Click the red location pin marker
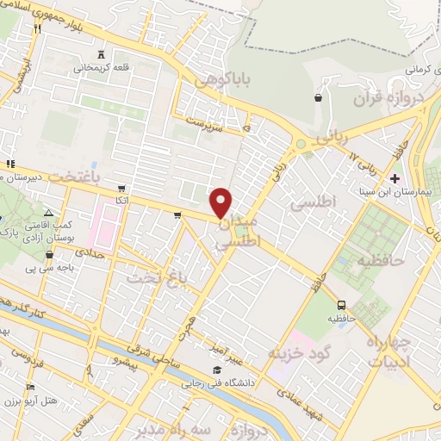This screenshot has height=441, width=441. [222, 202]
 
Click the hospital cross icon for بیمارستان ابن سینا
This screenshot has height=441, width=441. [394, 178]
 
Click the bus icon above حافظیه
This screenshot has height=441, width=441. [342, 305]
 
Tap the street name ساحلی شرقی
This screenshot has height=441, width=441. [177, 358]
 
